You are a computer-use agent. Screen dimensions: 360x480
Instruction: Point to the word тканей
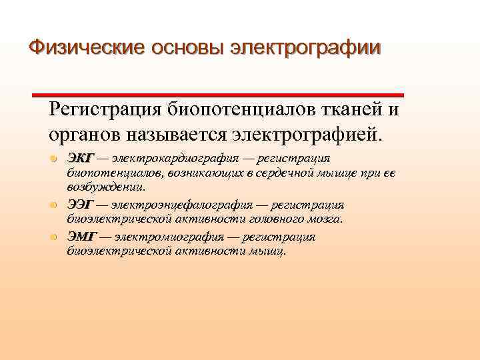[x=349, y=109]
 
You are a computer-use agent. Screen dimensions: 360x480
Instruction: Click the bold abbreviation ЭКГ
[x=81, y=158]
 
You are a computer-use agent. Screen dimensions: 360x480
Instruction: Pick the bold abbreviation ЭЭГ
[x=81, y=205]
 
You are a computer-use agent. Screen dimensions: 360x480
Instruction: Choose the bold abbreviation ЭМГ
[x=81, y=237]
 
